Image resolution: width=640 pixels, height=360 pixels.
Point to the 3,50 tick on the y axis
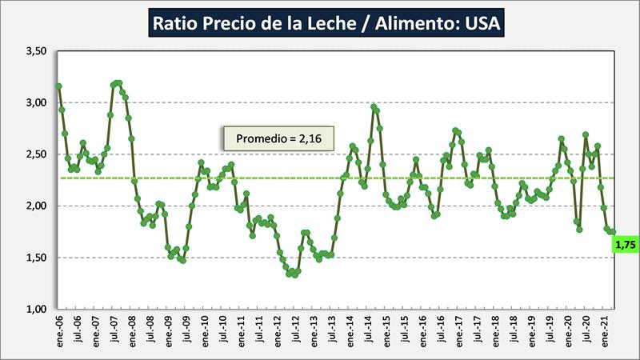tap(36, 51)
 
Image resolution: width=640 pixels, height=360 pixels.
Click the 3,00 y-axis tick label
tap(36, 102)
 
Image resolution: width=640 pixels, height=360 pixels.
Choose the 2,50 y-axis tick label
tap(36, 154)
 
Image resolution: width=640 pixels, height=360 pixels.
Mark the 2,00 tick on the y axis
tap(36, 206)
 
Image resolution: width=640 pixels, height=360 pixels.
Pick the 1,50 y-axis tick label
tap(36, 258)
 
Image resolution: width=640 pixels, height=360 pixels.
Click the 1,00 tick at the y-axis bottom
tap(36, 309)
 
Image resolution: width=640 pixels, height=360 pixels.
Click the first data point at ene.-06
tap(59, 86)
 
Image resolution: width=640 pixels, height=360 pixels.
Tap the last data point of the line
tap(613, 232)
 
